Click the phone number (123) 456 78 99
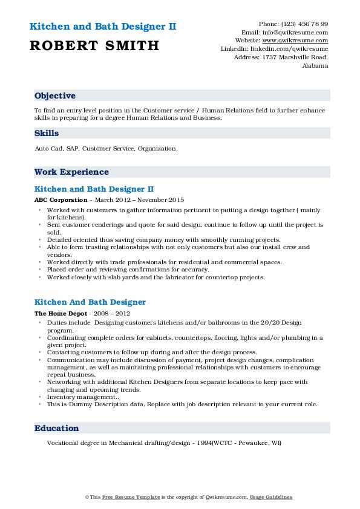point(307,24)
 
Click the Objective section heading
point(55,96)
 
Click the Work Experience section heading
point(71,172)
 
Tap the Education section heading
point(57,429)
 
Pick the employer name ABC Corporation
point(61,199)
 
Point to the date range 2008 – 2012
point(113,314)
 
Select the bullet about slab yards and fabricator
point(155,277)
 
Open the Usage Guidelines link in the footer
point(272,498)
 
